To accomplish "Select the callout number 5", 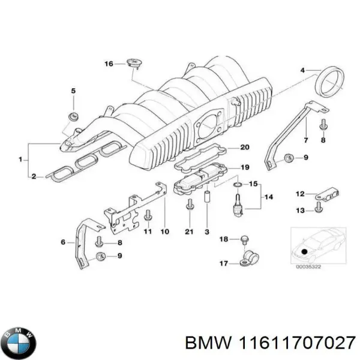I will click(x=73, y=91).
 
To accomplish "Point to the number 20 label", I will click(x=244, y=148).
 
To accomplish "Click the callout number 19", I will click(x=244, y=167).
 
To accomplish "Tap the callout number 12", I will click(x=300, y=193).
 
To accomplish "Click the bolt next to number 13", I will click(x=318, y=209).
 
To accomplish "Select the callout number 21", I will click(x=190, y=232).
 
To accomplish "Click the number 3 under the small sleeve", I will click(x=206, y=232).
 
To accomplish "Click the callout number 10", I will click(x=165, y=232).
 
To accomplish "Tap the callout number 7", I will click(x=305, y=140).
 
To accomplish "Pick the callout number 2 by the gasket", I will click(x=34, y=176).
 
